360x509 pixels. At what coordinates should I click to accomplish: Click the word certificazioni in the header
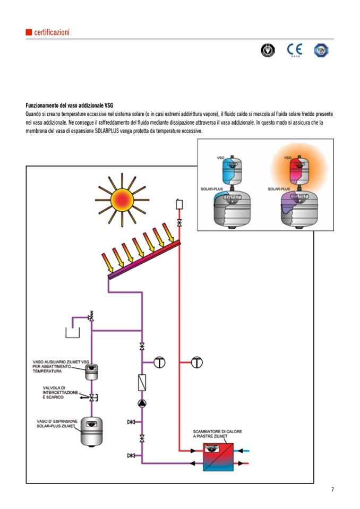pos(52,32)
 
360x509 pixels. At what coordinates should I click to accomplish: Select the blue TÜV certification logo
pos(321,50)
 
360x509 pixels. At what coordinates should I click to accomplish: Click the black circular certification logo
pos(268,50)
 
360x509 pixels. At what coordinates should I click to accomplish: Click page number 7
pos(332,489)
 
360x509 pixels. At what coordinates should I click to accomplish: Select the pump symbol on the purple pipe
pos(142,403)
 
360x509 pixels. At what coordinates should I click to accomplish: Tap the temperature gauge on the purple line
pos(159,363)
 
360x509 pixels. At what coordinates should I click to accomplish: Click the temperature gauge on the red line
pos(197,363)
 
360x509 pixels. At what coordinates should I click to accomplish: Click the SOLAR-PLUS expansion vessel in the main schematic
pos(91,430)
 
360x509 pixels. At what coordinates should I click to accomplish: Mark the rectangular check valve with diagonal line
pos(142,382)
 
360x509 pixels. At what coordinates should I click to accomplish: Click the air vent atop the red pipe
pos(179,204)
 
